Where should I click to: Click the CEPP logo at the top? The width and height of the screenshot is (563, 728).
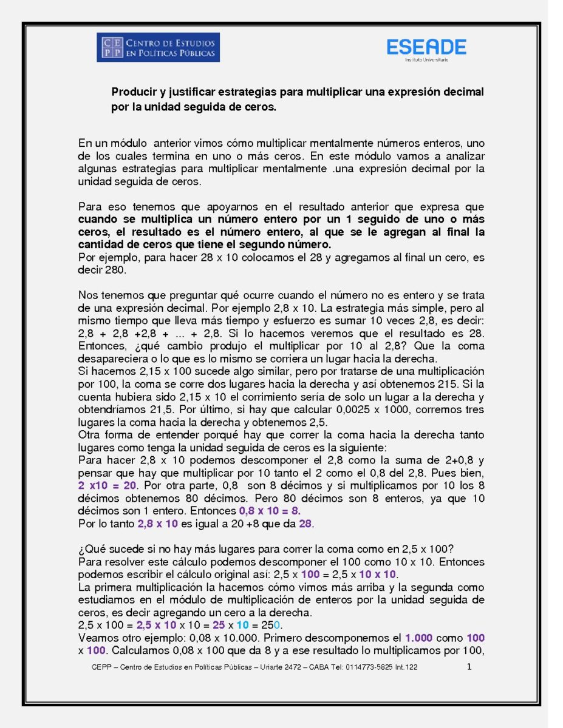coord(158,47)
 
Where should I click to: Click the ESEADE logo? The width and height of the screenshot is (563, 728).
coord(426,49)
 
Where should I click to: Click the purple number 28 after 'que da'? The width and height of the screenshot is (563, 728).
coord(305,523)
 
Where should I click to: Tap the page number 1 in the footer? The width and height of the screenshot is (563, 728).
coord(469,667)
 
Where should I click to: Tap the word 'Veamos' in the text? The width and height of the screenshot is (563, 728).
coord(97,638)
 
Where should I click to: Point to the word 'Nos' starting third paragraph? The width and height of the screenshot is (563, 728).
coord(87,295)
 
